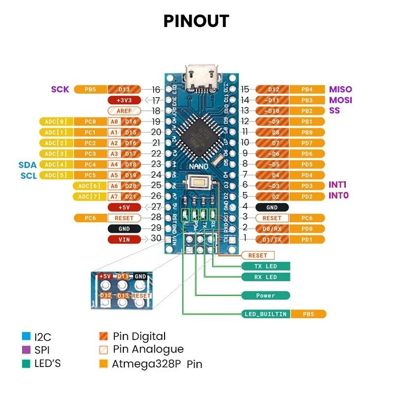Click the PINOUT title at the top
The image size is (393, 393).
click(x=196, y=21)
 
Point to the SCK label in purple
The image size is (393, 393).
click(x=60, y=89)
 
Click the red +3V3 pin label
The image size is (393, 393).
click(x=124, y=100)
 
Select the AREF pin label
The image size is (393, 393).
click(x=124, y=111)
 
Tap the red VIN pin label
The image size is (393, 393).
click(x=124, y=239)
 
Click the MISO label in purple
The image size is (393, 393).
click(x=340, y=89)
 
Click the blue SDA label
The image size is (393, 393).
click(x=28, y=165)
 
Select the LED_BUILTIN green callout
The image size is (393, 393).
click(x=266, y=314)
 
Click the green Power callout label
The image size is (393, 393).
click(x=266, y=296)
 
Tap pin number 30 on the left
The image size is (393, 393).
click(x=156, y=238)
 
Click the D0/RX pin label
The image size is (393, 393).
click(x=272, y=229)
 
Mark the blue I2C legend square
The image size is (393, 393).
click(x=26, y=337)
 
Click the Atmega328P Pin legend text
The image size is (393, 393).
click(x=157, y=364)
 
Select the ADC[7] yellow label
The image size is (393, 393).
click(x=89, y=196)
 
